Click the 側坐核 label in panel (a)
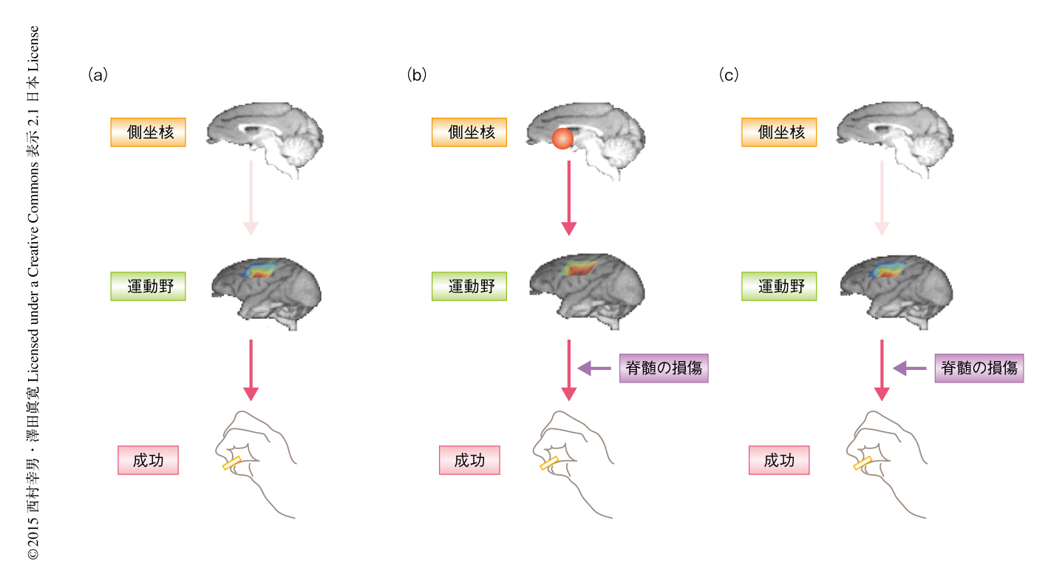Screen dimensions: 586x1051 (148, 132)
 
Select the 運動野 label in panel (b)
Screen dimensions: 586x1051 (469, 286)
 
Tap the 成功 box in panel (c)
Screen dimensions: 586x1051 (779, 460)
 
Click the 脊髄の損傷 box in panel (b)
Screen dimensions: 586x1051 (664, 368)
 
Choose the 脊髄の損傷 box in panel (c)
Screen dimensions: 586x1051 (979, 367)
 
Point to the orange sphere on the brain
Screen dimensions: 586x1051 (562, 138)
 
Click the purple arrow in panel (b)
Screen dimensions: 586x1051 (594, 368)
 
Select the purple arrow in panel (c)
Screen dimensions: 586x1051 (910, 368)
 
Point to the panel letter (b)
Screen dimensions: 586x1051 (417, 75)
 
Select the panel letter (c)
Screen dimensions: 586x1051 (729, 75)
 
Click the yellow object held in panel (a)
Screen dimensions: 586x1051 (231, 463)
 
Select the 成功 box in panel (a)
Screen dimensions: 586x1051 (148, 460)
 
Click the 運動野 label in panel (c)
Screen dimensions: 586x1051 (779, 286)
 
